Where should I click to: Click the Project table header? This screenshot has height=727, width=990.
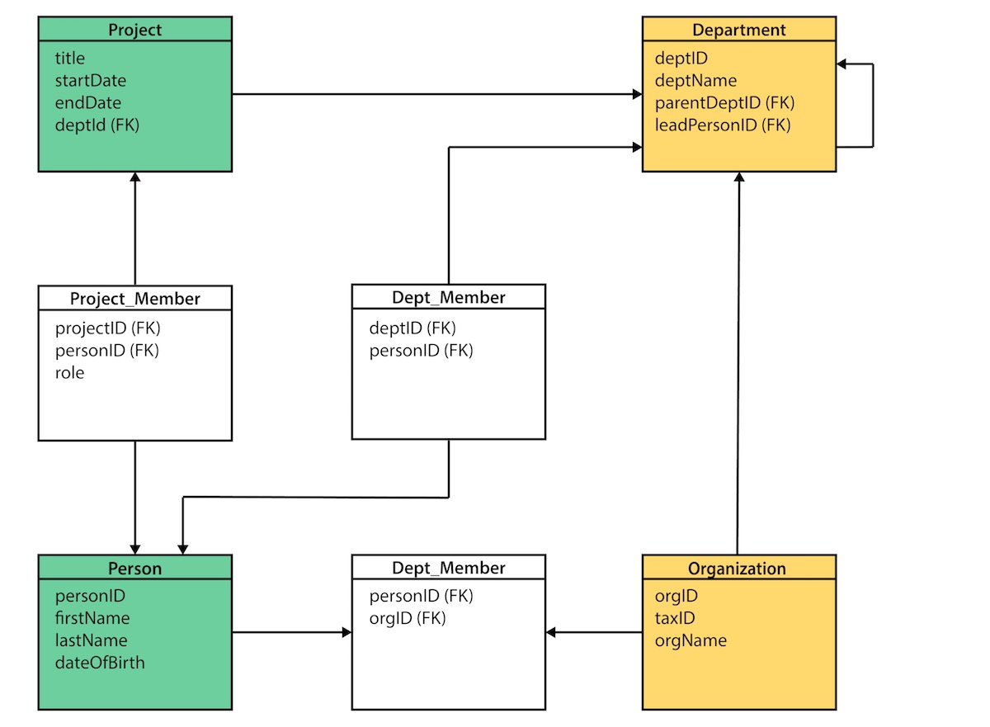(x=134, y=30)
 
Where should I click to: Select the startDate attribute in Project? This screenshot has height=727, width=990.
(x=91, y=81)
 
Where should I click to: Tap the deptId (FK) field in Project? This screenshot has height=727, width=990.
(x=97, y=125)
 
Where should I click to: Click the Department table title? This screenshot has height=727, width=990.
(x=738, y=30)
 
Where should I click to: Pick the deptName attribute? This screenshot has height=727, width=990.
(x=695, y=81)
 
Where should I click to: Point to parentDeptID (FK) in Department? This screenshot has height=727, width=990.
(x=724, y=103)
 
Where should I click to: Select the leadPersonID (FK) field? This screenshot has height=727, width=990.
(x=723, y=125)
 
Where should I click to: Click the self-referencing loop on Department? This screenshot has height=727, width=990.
(x=872, y=105)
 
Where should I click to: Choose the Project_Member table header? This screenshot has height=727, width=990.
(x=134, y=298)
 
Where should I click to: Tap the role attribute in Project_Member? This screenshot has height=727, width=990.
(x=70, y=373)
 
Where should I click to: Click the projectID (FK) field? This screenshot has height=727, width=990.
(x=107, y=328)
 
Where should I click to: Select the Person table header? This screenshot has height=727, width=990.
(x=134, y=569)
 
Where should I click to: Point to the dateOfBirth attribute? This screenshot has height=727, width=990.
(x=100, y=663)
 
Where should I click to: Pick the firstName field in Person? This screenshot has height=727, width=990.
(x=92, y=618)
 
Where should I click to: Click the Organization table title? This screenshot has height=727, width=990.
(x=737, y=569)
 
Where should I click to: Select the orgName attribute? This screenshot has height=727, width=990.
(x=691, y=640)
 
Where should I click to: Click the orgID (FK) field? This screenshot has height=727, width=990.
(x=407, y=618)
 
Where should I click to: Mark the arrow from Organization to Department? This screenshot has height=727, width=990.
(x=738, y=363)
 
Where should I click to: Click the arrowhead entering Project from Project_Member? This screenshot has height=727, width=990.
(x=134, y=178)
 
